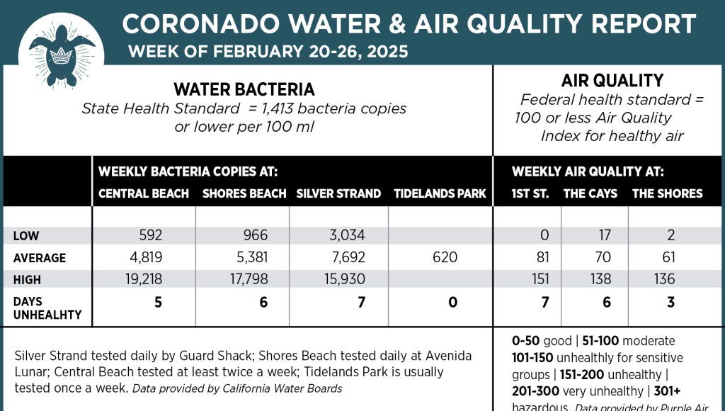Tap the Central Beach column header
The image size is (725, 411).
click(144, 193)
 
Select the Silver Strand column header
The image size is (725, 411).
click(338, 193)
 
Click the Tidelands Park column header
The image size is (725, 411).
click(440, 193)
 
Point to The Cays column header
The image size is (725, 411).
click(590, 193)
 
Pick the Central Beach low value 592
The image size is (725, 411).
click(151, 235)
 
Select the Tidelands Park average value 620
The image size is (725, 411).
click(444, 257)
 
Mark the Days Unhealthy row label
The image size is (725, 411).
click(47, 308)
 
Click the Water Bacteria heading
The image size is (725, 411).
click(244, 89)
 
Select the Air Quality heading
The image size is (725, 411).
click(612, 80)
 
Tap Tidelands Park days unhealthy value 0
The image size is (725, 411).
click(452, 303)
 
